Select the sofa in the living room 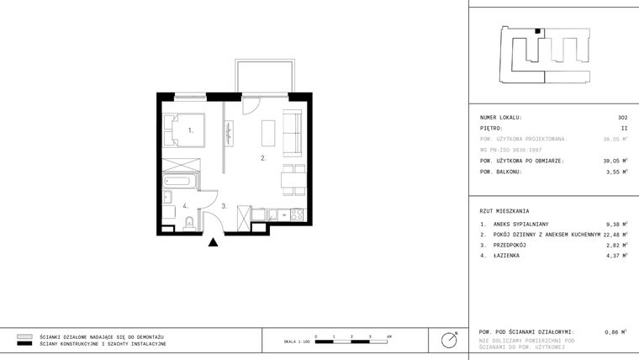tap(293, 132)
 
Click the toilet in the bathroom tap(189, 222)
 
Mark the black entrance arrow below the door tap(214, 243)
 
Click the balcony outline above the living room tap(266, 75)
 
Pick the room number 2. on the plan tap(263, 157)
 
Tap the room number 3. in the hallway tap(224, 205)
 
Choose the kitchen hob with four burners tap(296, 215)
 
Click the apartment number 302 tap(622, 117)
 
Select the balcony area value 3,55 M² tap(616, 172)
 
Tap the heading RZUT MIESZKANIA tap(504, 210)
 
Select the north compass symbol tap(450, 340)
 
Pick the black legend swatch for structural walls tap(24, 343)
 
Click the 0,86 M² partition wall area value tap(616, 333)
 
